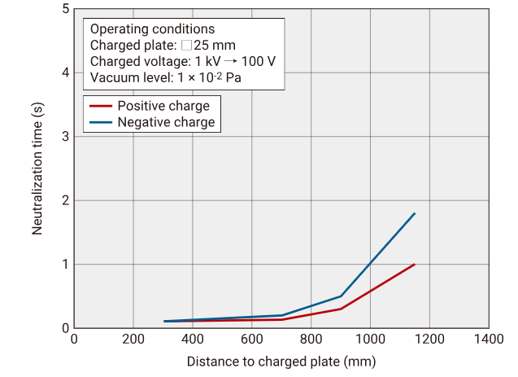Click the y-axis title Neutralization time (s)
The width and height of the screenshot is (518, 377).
point(37,169)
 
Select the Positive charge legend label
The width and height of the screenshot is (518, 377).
point(163,106)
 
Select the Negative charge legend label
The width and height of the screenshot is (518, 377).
point(166,122)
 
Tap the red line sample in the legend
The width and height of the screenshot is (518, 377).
point(100,106)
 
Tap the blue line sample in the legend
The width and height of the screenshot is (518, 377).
point(100,122)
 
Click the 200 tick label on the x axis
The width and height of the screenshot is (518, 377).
point(133,338)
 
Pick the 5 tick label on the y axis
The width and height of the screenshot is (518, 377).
point(64,9)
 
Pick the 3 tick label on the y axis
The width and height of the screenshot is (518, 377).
point(64,137)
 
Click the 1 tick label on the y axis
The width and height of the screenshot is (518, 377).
point(64,265)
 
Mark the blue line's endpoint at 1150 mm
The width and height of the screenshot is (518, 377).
point(415,213)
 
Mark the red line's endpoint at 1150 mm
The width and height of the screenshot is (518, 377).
point(415,264)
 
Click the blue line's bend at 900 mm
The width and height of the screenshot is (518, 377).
point(341,296)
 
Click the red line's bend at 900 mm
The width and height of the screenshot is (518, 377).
point(341,309)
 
